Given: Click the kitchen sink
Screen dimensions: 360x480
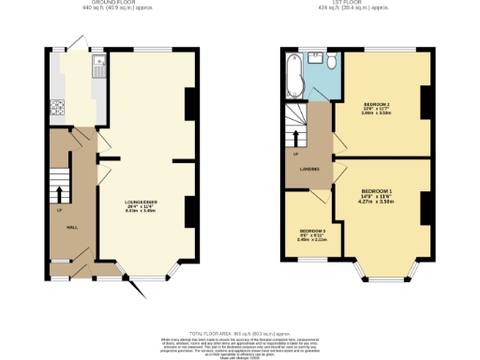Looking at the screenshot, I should [97, 67].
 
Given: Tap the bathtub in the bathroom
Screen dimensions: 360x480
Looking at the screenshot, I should [294, 76].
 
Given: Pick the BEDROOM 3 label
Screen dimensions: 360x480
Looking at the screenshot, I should [311, 231].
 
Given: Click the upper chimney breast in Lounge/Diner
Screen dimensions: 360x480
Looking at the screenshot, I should [190, 104].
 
